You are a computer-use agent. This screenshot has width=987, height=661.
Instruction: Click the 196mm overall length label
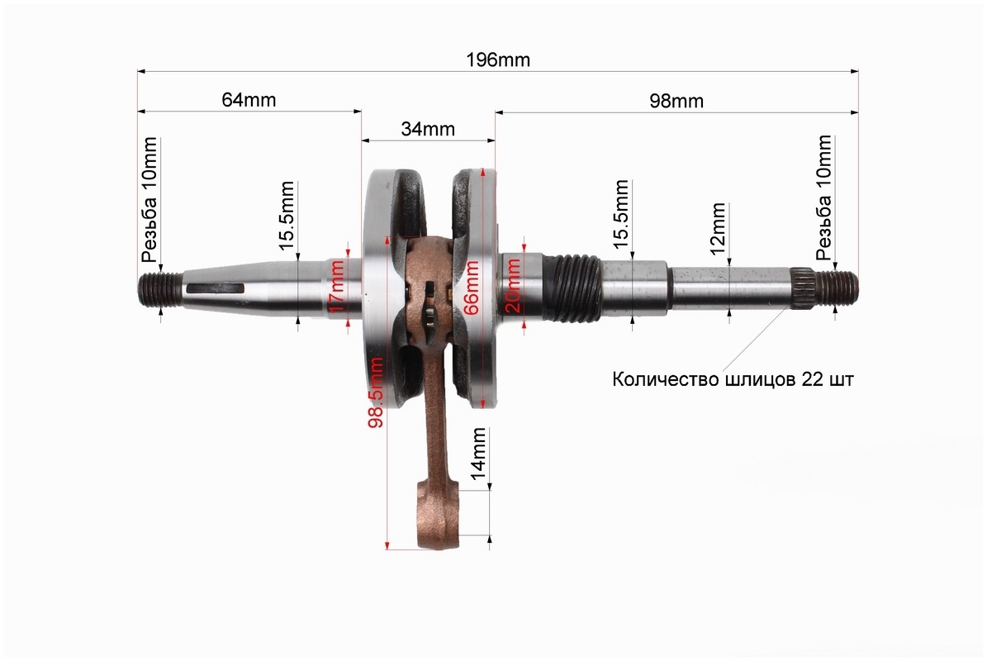point(498,59)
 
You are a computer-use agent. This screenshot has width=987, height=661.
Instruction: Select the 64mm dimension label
point(249,99)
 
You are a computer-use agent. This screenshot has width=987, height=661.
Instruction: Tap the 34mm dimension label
point(428,128)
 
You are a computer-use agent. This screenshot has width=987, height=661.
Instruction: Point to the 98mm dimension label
point(676,101)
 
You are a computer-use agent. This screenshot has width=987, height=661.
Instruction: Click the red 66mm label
point(470,287)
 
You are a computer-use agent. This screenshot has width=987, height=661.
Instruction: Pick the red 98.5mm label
point(376,392)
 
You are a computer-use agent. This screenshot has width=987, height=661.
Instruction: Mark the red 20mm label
point(514,287)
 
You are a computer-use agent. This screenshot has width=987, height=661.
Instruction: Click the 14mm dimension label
point(477,452)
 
